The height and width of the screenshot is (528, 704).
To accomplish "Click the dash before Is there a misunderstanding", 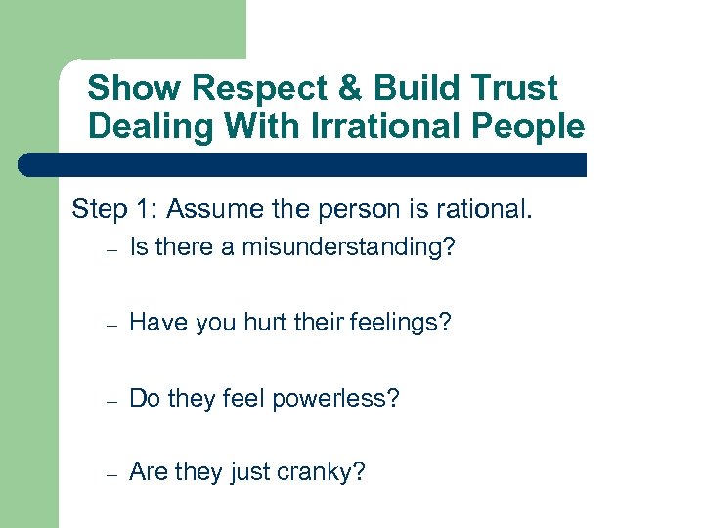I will (113, 250).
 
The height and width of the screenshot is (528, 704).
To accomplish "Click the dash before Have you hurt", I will (113, 325).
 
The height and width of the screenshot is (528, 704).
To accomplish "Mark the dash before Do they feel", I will (113, 401).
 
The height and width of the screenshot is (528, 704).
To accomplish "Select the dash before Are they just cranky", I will (113, 475).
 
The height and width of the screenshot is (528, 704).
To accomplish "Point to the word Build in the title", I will (421, 88).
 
